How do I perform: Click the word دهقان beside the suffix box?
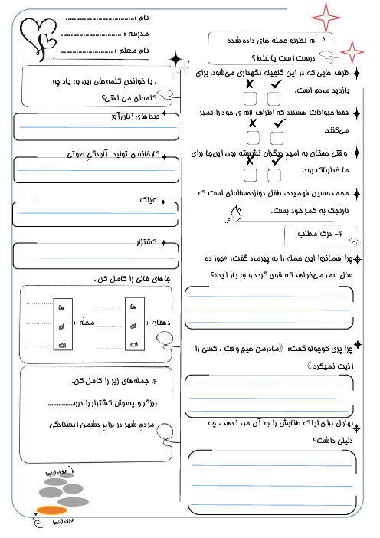coord(167,323)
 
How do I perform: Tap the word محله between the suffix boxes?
coord(95,323)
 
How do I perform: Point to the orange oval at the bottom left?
coord(52,510)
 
